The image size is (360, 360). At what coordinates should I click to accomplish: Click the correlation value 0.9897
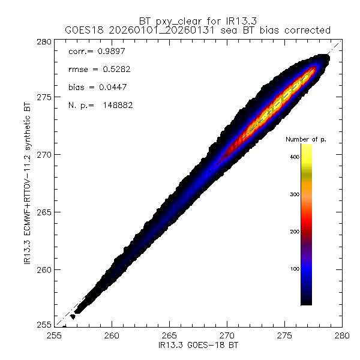pyautogui.click(x=109, y=52)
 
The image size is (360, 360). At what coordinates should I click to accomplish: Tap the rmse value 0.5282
pyautogui.click(x=109, y=70)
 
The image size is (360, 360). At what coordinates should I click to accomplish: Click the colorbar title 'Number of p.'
pyautogui.click(x=305, y=140)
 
